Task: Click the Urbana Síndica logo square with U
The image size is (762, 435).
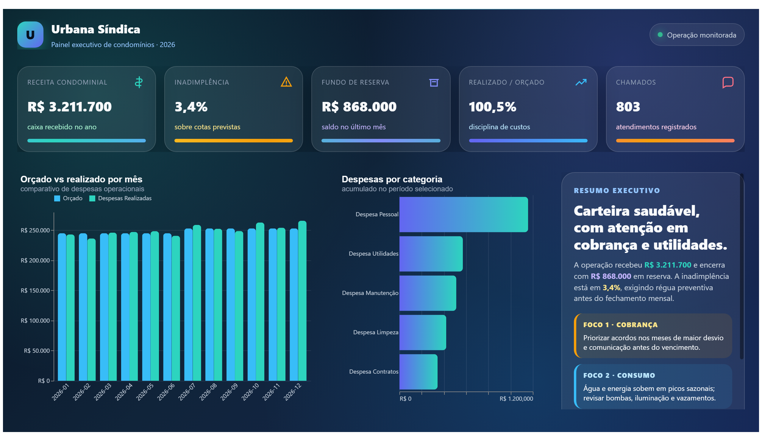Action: [30, 35]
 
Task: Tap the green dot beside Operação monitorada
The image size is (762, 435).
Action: [660, 35]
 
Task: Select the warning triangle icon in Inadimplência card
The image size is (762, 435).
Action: [286, 82]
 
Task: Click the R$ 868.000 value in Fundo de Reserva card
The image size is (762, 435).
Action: [359, 107]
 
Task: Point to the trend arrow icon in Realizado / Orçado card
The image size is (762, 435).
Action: [580, 82]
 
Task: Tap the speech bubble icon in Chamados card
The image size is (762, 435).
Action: [727, 82]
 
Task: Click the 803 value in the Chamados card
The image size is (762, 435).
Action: [628, 107]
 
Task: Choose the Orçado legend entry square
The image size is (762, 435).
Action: [57, 198]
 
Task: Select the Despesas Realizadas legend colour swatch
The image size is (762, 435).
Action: [92, 198]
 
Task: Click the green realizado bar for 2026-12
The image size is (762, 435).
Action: [302, 301]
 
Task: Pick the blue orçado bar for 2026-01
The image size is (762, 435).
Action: [62, 307]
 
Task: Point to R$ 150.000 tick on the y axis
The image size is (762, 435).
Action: [35, 290]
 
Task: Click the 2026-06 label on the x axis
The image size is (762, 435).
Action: [166, 392]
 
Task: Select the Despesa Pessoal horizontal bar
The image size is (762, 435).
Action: [463, 214]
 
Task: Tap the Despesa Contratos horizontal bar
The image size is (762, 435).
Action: [418, 372]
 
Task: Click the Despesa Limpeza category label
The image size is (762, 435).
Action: [375, 332]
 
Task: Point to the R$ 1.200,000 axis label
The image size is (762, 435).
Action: [516, 399]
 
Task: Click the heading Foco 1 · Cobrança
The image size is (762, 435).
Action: [620, 325]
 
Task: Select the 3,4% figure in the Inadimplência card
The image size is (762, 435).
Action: [191, 107]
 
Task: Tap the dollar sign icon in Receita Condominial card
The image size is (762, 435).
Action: [138, 82]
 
